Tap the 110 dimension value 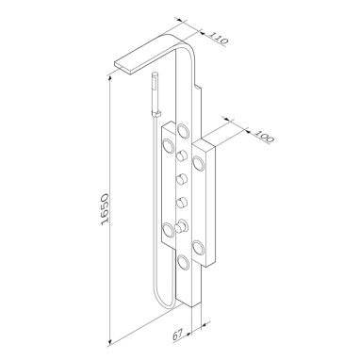point(219,38)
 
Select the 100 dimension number point(264,135)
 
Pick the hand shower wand point(155,93)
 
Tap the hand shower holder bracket point(156,113)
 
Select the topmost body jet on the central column point(183,130)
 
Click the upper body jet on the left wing point(168,146)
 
